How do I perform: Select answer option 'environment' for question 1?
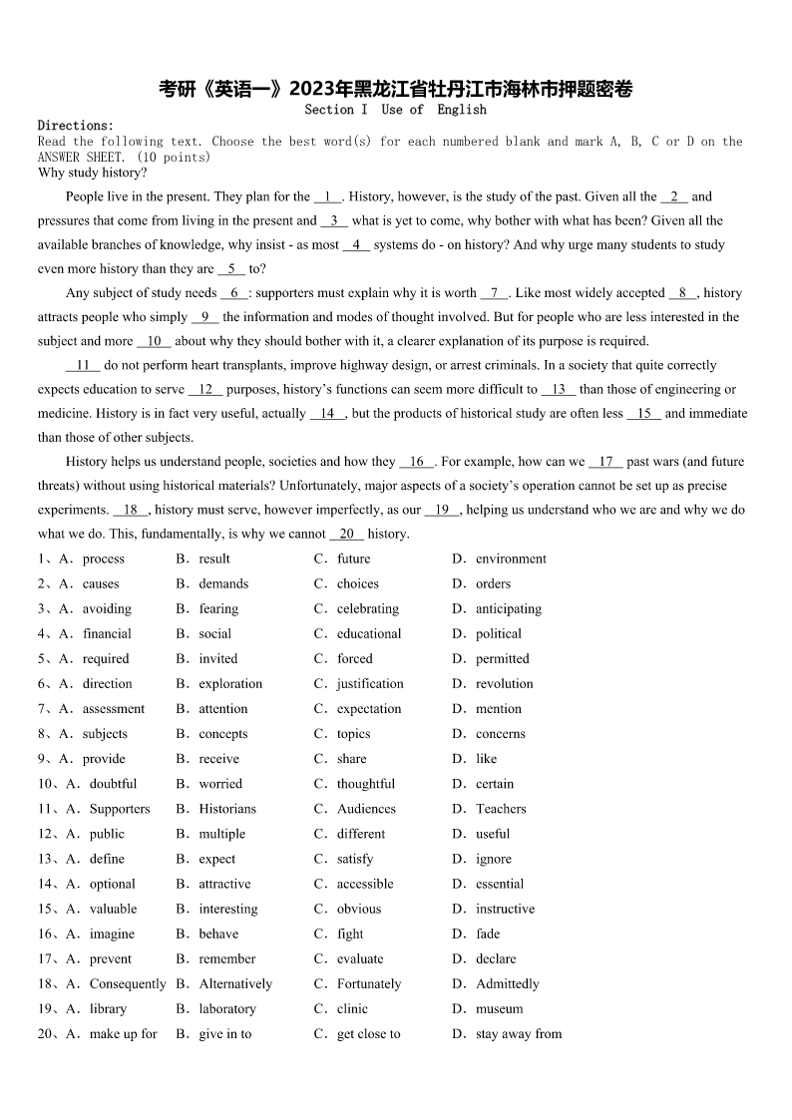511,559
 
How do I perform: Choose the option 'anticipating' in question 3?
509,608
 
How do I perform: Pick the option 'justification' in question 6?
370,683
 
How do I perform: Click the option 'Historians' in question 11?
227,809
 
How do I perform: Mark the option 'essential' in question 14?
500,884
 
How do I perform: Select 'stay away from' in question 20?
519,1033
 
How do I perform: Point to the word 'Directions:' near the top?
76,126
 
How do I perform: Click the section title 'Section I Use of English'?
395,110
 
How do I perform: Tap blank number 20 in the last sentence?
346,534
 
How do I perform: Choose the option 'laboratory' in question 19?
227,1008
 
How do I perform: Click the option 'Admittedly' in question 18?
508,983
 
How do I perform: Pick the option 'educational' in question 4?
369,633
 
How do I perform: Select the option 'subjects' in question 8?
105,733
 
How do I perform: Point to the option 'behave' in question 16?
218,933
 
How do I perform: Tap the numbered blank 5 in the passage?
231,268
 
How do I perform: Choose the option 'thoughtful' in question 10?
366,784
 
